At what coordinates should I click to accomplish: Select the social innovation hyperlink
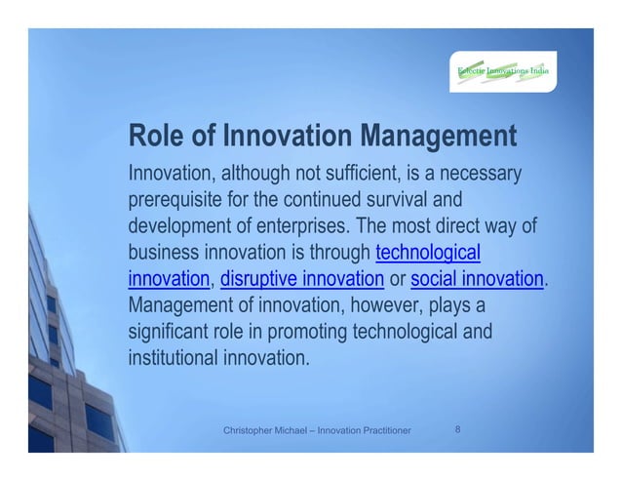(477, 281)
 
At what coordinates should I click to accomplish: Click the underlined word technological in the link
(428, 255)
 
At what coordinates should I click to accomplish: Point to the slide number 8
(460, 428)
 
